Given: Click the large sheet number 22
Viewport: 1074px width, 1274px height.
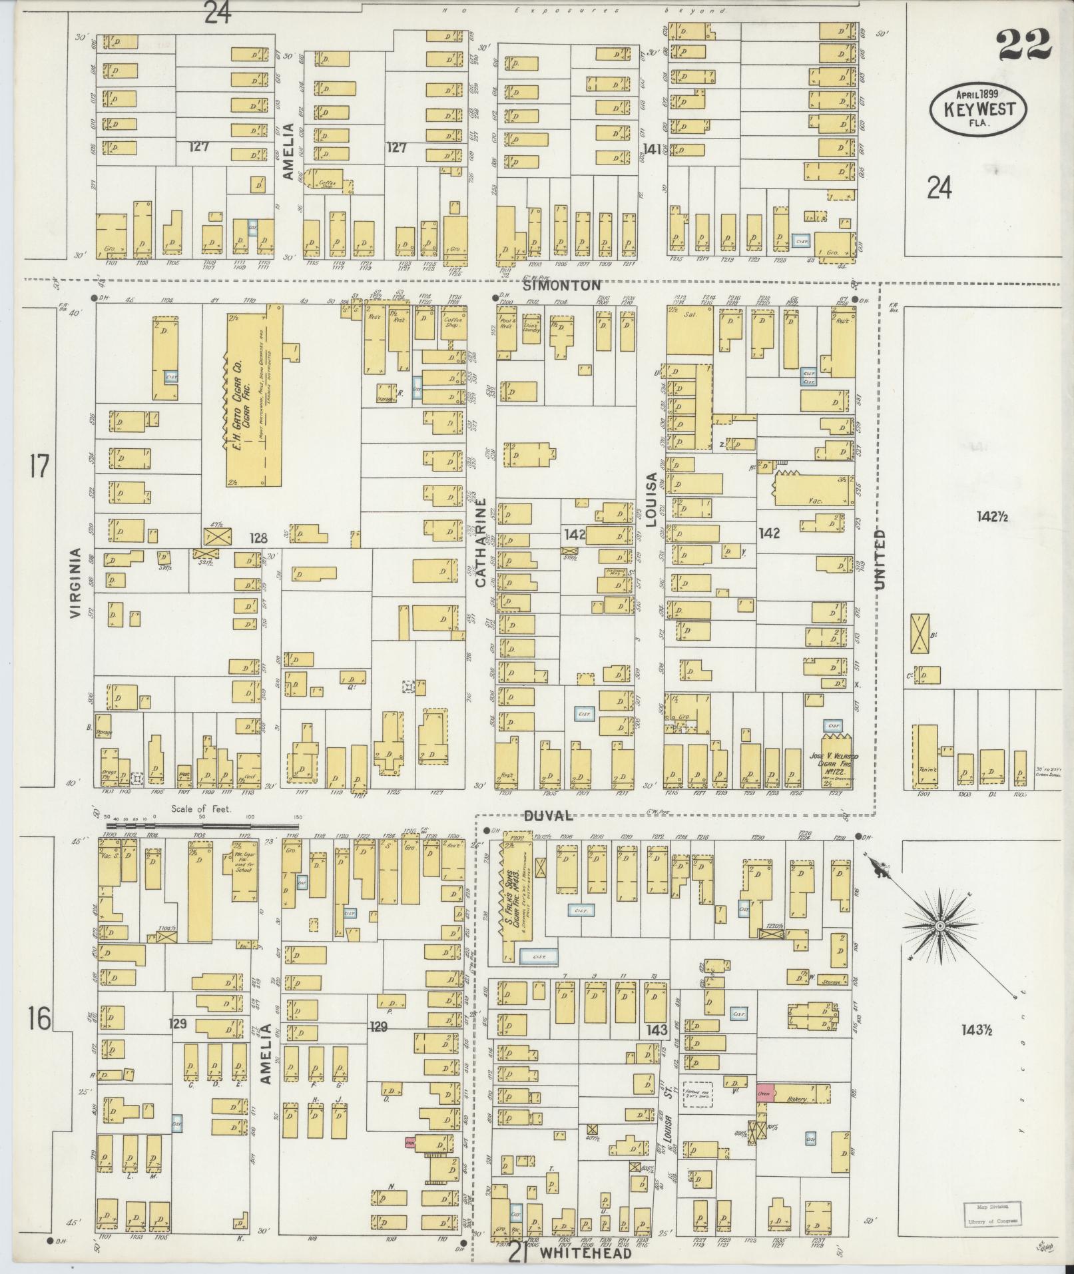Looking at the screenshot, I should (x=1023, y=45).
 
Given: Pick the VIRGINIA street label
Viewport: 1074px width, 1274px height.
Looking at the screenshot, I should (x=75, y=583).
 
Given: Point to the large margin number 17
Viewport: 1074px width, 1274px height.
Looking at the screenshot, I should (x=39, y=466).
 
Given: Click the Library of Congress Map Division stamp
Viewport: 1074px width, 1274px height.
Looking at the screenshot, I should (x=991, y=1216).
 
